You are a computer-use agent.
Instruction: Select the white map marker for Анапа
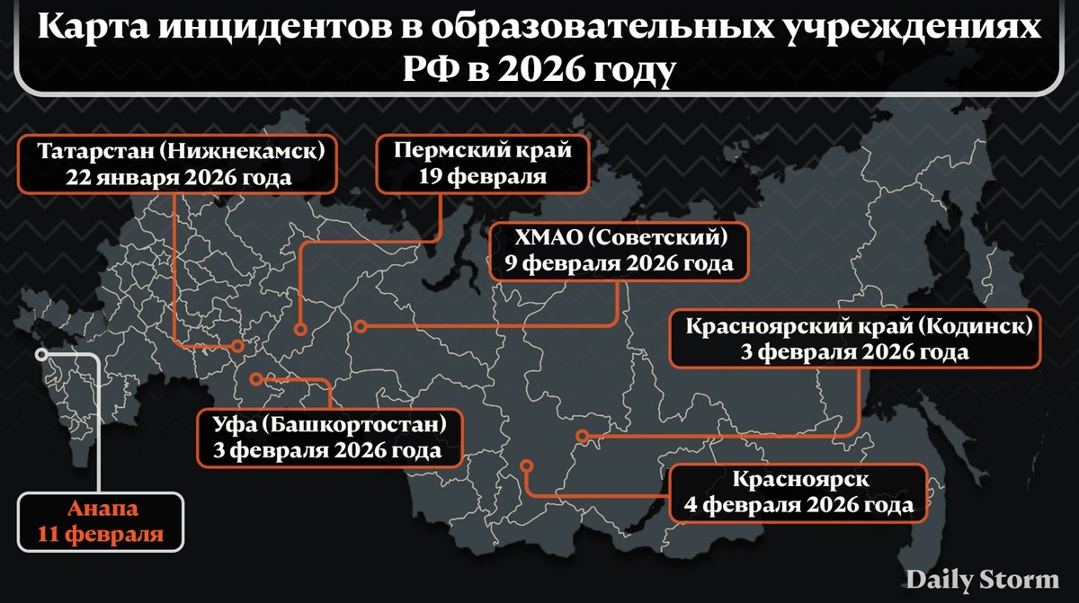coord(40,354)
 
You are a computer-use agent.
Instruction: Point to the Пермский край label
coord(483,163)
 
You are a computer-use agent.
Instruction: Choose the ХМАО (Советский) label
coord(619,251)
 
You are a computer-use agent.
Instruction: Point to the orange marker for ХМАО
coord(360,326)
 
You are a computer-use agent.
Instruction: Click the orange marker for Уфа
coord(256,378)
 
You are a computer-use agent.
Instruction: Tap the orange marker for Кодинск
coord(582,437)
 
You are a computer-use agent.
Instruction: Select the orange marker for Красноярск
coord(528,466)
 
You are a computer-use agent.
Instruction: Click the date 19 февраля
coord(483,175)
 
